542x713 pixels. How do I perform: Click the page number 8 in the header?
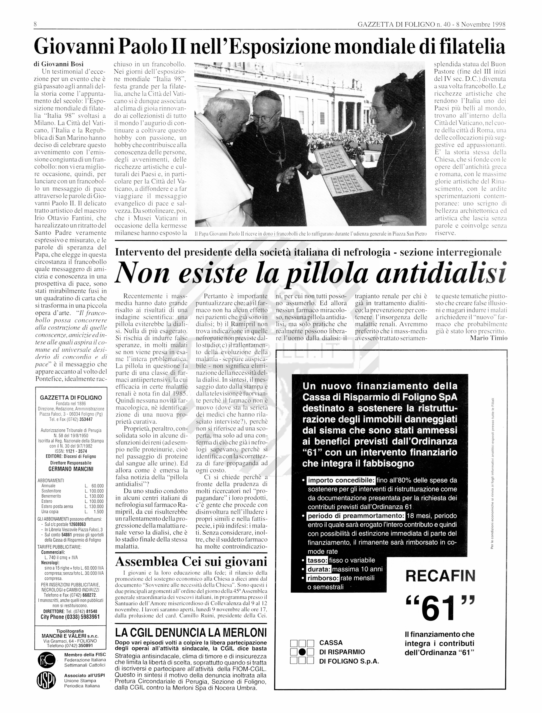[35, 24]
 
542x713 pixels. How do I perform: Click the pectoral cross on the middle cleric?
[280, 160]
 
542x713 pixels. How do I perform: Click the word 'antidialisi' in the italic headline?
[440, 273]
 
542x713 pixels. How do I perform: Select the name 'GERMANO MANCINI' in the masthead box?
[71, 469]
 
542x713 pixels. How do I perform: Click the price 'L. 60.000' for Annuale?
[94, 486]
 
